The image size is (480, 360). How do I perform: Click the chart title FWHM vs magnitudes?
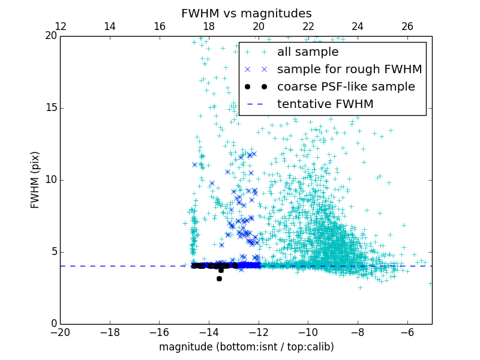click(246, 13)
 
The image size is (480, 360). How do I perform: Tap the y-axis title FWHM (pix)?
click(35, 180)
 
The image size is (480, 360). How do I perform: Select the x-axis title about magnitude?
click(246, 347)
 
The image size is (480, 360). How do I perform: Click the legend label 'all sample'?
click(307, 52)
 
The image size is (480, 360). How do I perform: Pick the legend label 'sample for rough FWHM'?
click(349, 70)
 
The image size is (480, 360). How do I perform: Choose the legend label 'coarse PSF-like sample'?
click(346, 87)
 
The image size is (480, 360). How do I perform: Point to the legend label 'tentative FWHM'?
click(325, 104)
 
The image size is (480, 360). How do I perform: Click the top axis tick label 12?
click(61, 26)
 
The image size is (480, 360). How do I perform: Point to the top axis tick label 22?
click(308, 26)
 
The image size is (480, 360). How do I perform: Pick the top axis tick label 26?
click(407, 26)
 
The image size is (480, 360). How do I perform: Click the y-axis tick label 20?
click(50, 36)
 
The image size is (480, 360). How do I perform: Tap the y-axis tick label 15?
click(50, 108)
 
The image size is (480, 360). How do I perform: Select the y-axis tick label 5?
click(53, 252)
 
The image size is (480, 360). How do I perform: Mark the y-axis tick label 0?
click(53, 324)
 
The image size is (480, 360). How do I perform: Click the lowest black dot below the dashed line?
click(220, 278)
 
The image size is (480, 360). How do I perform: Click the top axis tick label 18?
click(209, 26)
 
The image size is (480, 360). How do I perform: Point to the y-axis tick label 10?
click(50, 180)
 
